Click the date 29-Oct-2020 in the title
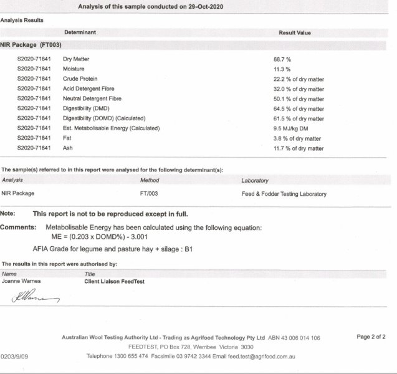[x=204, y=6]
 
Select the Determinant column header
[x=80, y=32]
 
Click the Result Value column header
[x=294, y=32]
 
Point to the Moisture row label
[x=74, y=69]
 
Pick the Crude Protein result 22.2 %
[x=294, y=79]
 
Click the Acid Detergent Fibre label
[x=88, y=89]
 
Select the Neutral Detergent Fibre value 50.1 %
[x=294, y=99]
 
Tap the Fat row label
[x=67, y=138]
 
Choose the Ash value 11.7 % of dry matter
[x=294, y=149]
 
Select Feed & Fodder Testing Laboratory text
[x=284, y=194]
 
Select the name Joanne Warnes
[x=20, y=282]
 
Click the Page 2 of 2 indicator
[x=371, y=337]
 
